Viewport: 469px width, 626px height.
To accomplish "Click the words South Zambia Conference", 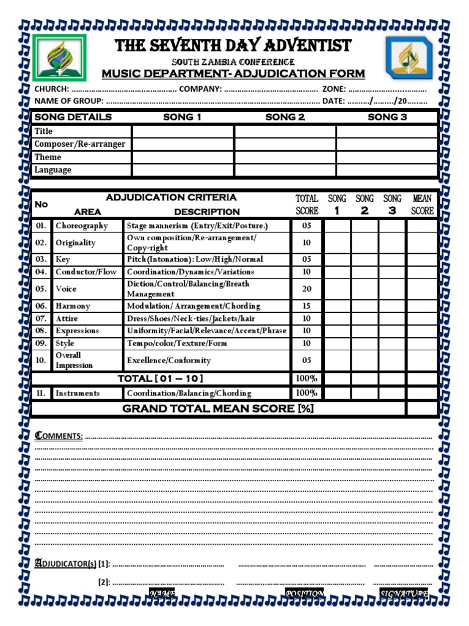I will (233, 62).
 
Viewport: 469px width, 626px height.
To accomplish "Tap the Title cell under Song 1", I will (183, 131).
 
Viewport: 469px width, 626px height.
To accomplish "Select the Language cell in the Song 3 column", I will (387, 170).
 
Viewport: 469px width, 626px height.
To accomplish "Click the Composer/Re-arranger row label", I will (80, 144).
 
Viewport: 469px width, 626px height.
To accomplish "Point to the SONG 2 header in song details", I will (285, 117).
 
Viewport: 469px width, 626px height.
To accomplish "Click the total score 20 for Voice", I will (307, 289).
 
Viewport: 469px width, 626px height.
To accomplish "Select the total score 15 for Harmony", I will (307, 306).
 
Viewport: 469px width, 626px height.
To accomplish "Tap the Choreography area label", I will (82, 226).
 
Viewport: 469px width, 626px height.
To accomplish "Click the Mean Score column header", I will (422, 204).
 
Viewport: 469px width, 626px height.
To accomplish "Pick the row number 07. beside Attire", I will (41, 319).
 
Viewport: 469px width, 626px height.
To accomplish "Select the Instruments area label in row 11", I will (78, 393).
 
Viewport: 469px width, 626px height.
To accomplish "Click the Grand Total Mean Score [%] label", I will (218, 408).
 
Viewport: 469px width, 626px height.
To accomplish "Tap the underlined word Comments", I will (59, 436).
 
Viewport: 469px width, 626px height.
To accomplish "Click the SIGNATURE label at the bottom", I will (404, 594).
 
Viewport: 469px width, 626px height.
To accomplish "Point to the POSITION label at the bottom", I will (304, 594).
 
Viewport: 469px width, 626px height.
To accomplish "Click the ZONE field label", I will (333, 89).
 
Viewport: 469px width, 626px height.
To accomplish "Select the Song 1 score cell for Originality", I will (337, 243).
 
